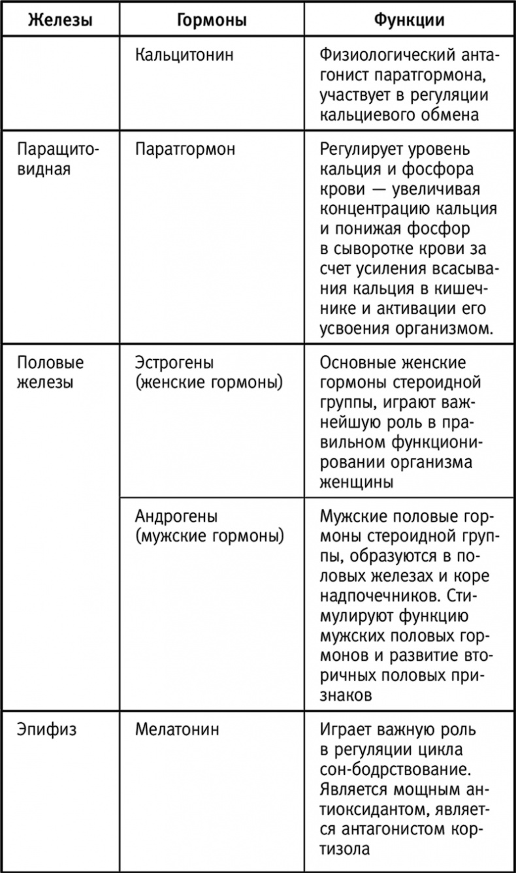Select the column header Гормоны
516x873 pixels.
tap(212, 20)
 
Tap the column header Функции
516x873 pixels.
tap(409, 20)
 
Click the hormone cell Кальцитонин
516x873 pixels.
tap(184, 55)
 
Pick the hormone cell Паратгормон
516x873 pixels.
tap(185, 150)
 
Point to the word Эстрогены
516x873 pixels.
tap(174, 363)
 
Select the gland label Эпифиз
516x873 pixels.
tap(46, 729)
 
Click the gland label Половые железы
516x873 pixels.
tap(51, 372)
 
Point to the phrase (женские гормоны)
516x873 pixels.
tap(208, 383)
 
